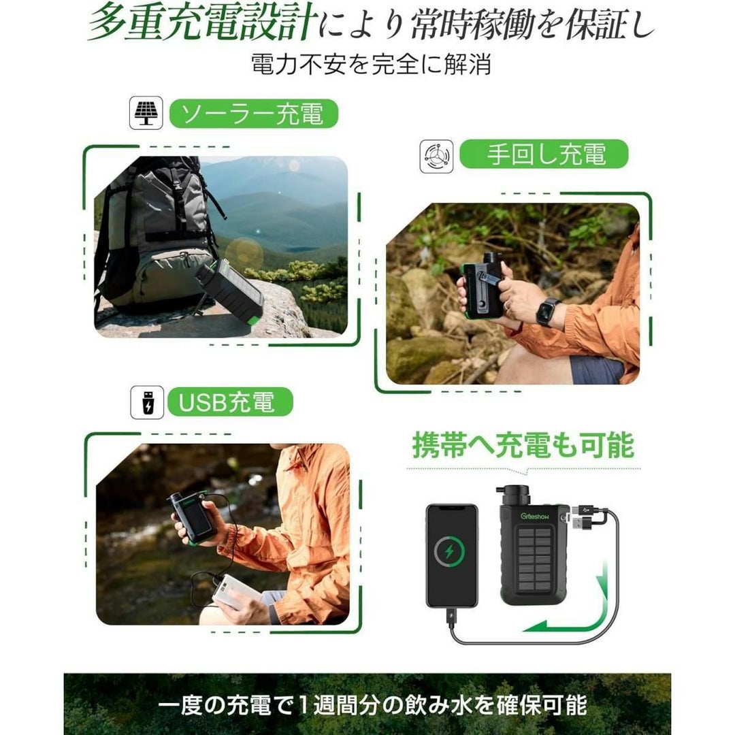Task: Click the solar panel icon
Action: [x=146, y=113]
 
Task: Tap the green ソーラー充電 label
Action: [x=253, y=114]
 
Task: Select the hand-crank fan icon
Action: [x=436, y=156]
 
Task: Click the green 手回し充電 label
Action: [x=544, y=154]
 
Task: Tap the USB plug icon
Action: [x=147, y=402]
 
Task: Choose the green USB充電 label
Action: [x=230, y=402]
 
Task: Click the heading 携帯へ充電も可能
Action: [x=523, y=445]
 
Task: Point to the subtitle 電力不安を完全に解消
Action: [x=371, y=64]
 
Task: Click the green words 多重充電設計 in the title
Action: [x=201, y=22]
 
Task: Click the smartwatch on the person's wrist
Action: [x=547, y=311]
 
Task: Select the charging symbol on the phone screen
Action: [x=449, y=551]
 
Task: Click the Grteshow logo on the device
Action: [x=535, y=516]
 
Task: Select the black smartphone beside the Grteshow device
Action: [x=452, y=555]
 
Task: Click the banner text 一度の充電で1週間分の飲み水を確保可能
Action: [x=372, y=704]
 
